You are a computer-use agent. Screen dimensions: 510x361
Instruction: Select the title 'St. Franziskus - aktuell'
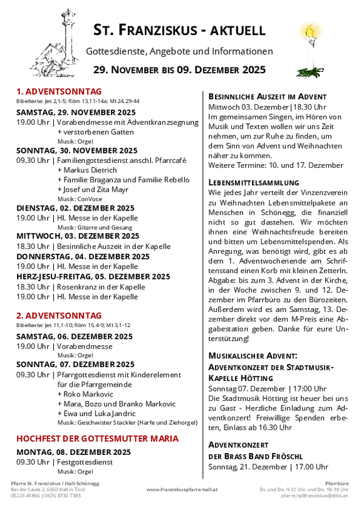(179, 29)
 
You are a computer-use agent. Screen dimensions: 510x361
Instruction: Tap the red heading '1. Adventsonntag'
(59, 91)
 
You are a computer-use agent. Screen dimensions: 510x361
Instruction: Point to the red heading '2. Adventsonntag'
(59, 316)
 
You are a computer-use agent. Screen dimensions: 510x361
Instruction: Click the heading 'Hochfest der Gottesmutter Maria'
(97, 438)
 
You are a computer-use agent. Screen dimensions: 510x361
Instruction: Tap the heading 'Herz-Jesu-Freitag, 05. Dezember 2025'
(93, 276)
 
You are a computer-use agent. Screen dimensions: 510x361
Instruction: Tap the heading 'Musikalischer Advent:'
(248, 355)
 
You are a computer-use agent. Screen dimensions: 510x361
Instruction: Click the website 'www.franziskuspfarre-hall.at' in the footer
(182, 489)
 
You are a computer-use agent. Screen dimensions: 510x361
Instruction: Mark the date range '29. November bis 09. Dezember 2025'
(179, 70)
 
